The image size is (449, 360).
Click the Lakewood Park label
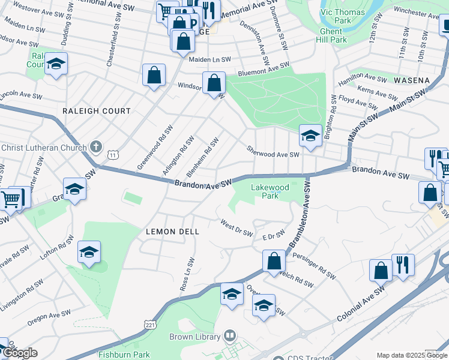[x=270, y=191]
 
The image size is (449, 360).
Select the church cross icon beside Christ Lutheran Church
[x=95, y=146]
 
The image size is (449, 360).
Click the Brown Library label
[x=194, y=337]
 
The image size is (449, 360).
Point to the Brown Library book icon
[x=228, y=336]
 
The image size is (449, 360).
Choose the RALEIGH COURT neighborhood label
[x=97, y=111]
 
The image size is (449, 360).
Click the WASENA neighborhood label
[x=412, y=80]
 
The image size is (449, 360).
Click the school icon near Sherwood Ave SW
[x=310, y=136]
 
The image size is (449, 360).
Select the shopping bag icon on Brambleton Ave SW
[x=274, y=261]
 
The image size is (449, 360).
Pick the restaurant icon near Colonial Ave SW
[x=403, y=265]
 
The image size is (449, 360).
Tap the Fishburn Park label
[x=124, y=355]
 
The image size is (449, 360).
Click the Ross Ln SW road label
[x=188, y=274]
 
